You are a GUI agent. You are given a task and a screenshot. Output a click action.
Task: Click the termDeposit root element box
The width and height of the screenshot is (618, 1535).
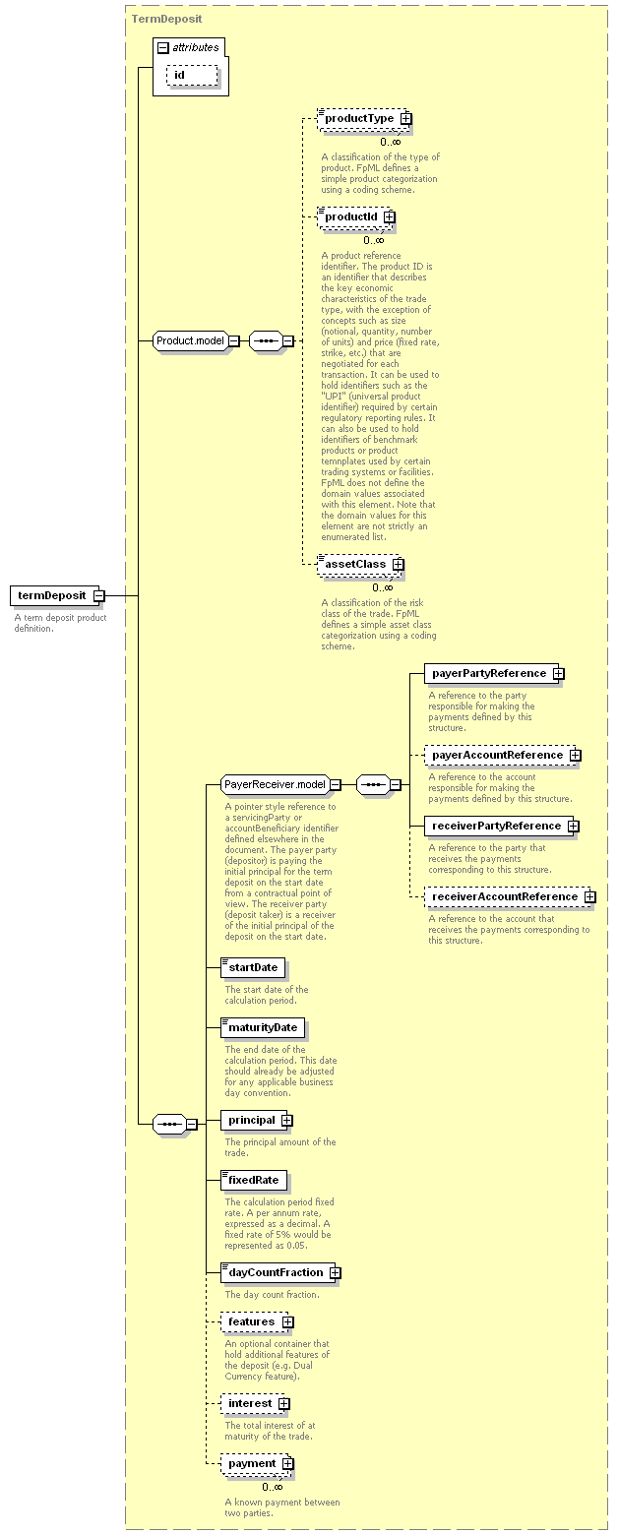pyautogui.click(x=57, y=595)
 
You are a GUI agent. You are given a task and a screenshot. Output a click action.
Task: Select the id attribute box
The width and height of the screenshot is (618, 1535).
pyautogui.click(x=192, y=76)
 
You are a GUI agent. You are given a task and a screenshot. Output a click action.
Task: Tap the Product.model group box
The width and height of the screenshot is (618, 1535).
pyautogui.click(x=196, y=340)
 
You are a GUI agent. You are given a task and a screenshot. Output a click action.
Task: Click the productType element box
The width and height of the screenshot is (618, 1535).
pyautogui.click(x=364, y=118)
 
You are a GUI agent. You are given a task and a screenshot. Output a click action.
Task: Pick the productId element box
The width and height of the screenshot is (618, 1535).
pyautogui.click(x=356, y=217)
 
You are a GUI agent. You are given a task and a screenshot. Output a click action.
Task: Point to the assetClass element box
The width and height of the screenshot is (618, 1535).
pyautogui.click(x=360, y=565)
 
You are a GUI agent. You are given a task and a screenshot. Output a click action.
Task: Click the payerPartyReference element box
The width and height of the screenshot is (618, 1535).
pyautogui.click(x=494, y=674)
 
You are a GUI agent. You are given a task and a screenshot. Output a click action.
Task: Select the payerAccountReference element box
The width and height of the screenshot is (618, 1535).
pyautogui.click(x=502, y=755)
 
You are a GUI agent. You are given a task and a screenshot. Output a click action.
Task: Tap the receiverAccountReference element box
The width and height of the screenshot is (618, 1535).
pyautogui.click(x=510, y=896)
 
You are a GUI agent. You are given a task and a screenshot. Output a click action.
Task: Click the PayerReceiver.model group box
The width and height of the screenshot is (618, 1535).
pyautogui.click(x=280, y=784)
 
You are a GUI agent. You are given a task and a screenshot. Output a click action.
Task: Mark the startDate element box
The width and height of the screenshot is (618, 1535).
pyautogui.click(x=253, y=967)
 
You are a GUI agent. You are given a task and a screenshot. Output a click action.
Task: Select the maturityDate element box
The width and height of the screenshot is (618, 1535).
pyautogui.click(x=263, y=1028)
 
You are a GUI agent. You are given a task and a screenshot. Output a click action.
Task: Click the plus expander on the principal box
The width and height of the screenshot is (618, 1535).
pyautogui.click(x=287, y=1121)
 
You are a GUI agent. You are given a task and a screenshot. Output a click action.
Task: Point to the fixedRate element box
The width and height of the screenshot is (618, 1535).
pyautogui.click(x=254, y=1180)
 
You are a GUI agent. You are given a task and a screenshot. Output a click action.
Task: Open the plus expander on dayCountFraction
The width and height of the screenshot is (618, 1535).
pyautogui.click(x=335, y=1272)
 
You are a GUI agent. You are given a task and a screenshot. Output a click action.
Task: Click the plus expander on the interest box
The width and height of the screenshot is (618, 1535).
pyautogui.click(x=284, y=1403)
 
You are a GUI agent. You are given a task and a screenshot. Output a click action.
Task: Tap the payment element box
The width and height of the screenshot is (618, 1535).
pyautogui.click(x=258, y=1464)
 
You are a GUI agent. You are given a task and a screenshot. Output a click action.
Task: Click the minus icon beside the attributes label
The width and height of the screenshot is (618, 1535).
pyautogui.click(x=163, y=48)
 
